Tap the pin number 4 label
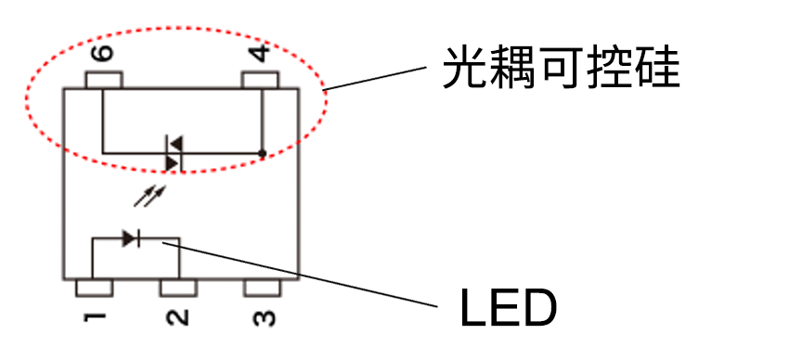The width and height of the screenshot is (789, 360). tap(263, 53)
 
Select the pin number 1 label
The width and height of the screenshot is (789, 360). tap(95, 318)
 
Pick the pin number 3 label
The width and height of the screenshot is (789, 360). tap(263, 318)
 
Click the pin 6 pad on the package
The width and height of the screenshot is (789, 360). tap(102, 81)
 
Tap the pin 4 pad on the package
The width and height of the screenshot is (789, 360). tap(260, 81)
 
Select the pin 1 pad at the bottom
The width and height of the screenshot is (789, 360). tap(94, 288)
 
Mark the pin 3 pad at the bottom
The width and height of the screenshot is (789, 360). tap(263, 288)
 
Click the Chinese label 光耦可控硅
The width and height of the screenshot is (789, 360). tap(561, 69)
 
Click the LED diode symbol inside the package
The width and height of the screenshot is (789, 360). tap(130, 238)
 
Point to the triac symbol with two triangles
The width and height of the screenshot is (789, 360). tap(174, 153)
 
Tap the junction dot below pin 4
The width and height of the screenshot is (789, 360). tap(263, 153)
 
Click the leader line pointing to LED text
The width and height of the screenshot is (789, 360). tap(306, 272)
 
